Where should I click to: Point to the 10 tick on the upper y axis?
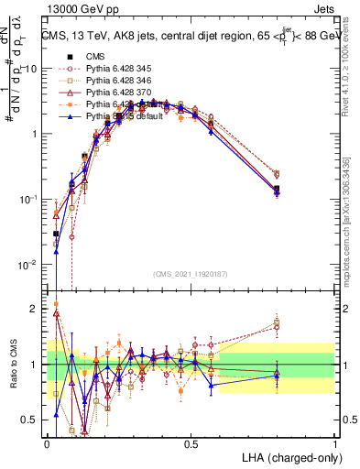[x=32, y=69]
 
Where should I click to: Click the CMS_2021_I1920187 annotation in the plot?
[x=191, y=272]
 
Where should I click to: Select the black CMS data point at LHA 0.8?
[x=278, y=191]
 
